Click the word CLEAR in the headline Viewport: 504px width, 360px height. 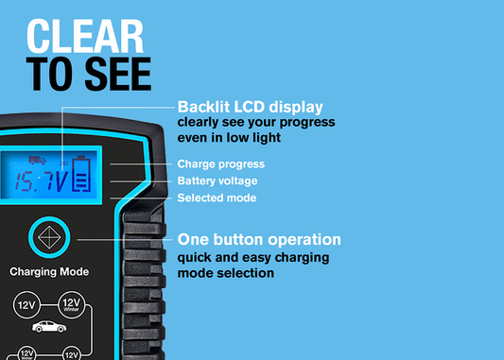[85, 36]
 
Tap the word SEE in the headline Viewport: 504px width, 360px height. [118, 75]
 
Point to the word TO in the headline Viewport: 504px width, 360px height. [52, 75]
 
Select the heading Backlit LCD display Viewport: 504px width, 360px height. [250, 108]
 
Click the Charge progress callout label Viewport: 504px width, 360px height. [221, 164]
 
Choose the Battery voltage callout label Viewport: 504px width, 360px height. [217, 180]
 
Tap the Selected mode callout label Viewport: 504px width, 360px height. [217, 197]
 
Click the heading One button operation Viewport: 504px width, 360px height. [259, 240]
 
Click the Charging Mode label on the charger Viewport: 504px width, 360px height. [49, 272]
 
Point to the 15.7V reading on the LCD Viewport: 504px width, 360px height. [42, 181]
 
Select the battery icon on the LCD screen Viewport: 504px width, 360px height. [81, 174]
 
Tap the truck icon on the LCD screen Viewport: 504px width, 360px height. [37, 161]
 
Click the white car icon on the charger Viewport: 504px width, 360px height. [49, 327]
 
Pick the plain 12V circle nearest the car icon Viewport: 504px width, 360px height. [26, 305]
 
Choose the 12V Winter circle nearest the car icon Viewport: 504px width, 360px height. [71, 304]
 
